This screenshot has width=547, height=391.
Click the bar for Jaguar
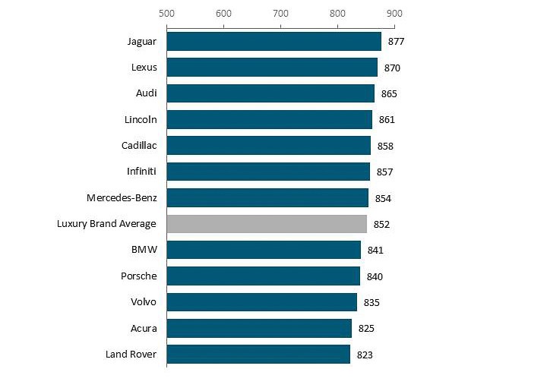tap(273, 41)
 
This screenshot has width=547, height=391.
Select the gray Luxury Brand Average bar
tap(267, 224)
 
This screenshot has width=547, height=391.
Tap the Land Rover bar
tap(258, 355)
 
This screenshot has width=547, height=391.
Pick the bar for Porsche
tap(263, 276)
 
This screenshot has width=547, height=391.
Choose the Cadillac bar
tap(268, 145)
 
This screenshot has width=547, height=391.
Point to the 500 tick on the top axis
tap(166, 14)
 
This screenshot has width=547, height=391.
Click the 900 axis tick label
tap(394, 14)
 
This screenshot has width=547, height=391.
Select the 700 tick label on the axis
tap(280, 14)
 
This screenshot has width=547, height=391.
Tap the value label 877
tap(396, 42)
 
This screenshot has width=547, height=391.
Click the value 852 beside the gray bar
tap(381, 225)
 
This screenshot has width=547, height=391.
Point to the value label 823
tap(365, 355)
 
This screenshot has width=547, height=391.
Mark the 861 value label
tap(387, 120)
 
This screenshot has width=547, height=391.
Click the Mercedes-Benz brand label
tap(122, 198)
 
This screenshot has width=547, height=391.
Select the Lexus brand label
tap(144, 68)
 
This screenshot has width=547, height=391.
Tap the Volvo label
tap(143, 302)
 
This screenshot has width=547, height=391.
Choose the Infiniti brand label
tap(142, 172)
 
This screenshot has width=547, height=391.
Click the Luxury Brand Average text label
tap(106, 224)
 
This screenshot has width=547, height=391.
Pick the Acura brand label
tap(144, 328)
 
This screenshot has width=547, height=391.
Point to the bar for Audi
tap(270, 93)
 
